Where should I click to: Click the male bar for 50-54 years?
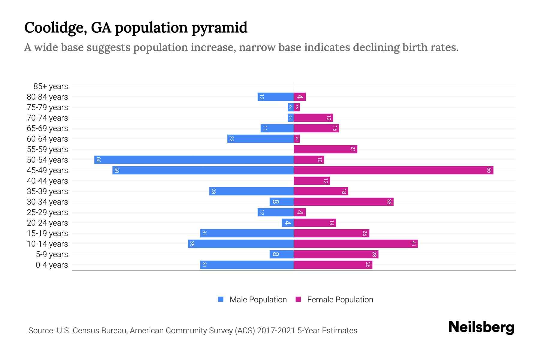point(194,160)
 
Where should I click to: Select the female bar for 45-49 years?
point(393,170)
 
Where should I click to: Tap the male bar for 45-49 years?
point(203,170)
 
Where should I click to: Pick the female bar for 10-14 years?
point(355,244)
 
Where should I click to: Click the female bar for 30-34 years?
point(343,202)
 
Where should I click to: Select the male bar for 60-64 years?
point(260,139)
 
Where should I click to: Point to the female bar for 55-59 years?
point(325,149)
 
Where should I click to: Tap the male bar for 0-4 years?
point(247,265)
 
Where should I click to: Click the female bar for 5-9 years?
point(336,254)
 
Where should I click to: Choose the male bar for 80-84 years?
point(275,97)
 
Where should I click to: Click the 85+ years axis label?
point(51,86)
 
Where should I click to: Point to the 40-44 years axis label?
point(47,181)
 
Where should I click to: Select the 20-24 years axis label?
point(47,223)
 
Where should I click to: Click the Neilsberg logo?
point(481,327)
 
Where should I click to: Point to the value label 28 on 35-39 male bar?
point(213,191)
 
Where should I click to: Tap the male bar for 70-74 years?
point(290,118)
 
